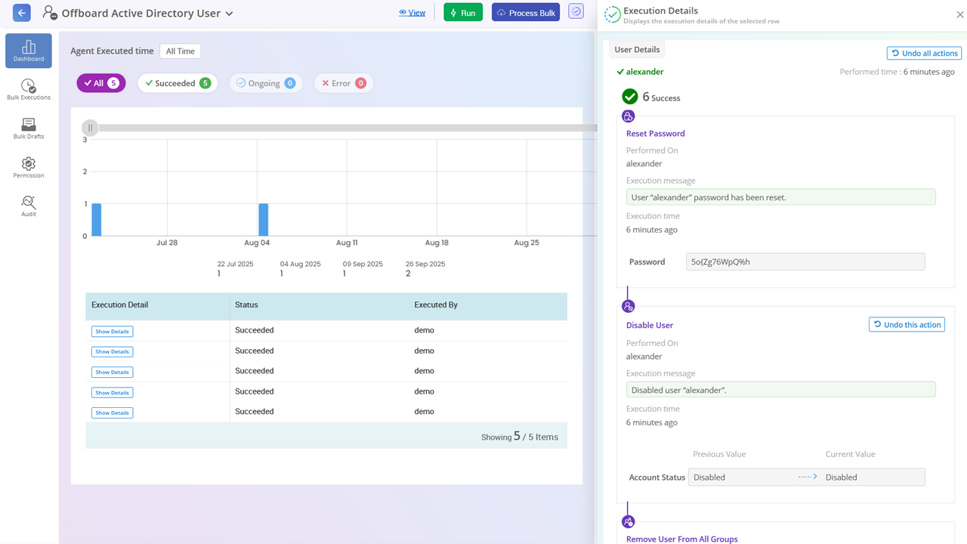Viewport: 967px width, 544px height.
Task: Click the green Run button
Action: point(462,13)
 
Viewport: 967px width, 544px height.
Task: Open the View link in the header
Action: point(412,13)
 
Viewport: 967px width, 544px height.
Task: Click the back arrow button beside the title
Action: point(22,13)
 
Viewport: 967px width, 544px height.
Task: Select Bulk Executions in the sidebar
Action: point(29,90)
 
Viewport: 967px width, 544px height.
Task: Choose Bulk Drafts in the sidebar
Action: point(29,128)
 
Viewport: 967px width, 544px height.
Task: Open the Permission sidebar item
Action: point(29,168)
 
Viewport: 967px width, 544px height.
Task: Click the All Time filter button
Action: point(180,51)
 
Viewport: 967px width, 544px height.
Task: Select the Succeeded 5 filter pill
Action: point(178,83)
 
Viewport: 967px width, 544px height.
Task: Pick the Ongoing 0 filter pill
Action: point(265,83)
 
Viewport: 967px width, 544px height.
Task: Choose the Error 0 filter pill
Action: point(344,83)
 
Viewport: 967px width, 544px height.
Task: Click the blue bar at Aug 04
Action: point(263,220)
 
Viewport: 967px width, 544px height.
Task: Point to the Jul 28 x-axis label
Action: point(167,243)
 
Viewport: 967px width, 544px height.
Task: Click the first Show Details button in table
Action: point(112,332)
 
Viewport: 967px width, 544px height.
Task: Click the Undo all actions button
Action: point(923,54)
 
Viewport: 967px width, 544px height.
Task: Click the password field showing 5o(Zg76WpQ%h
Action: point(805,262)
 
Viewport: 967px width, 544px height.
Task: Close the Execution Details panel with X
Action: point(960,14)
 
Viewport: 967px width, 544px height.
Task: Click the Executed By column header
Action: point(436,305)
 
